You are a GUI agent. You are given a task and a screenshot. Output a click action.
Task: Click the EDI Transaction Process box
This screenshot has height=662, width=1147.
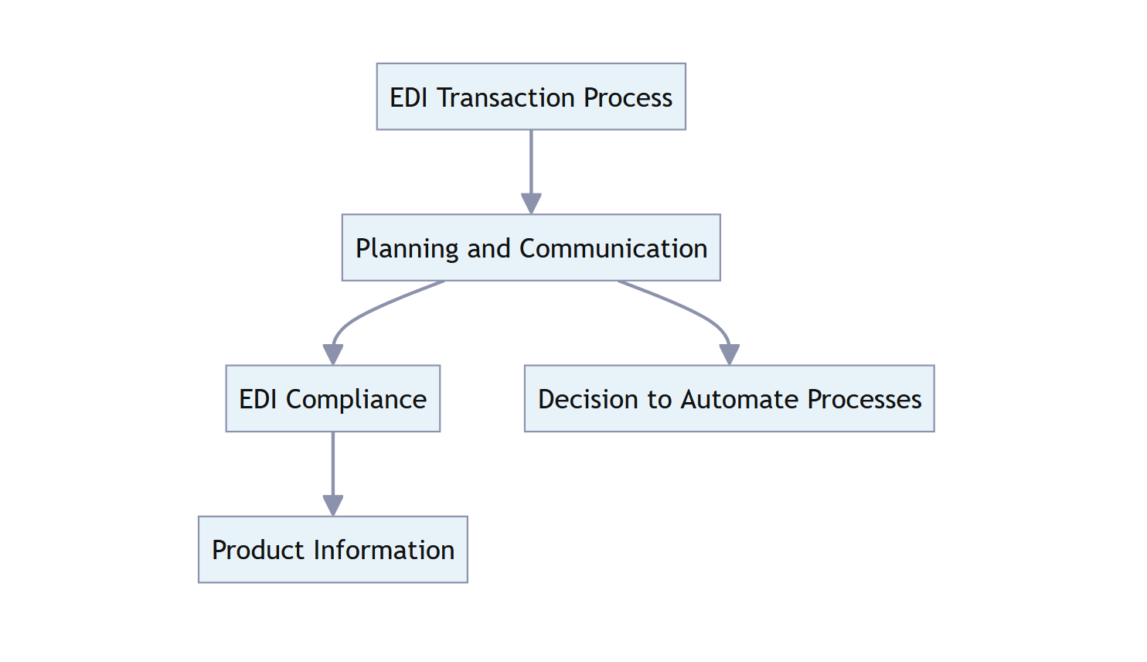pos(531,97)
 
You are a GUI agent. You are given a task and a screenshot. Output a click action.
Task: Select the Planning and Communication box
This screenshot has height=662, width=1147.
pos(531,247)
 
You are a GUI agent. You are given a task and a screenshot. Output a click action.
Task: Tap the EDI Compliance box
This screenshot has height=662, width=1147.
pos(332,398)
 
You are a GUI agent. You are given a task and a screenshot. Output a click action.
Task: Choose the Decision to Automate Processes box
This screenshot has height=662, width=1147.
pos(729,398)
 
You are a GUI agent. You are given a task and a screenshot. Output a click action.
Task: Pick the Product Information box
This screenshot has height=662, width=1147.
pos(332,549)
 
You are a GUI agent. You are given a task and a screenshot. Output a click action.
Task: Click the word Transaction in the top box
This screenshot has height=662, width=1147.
pos(506,97)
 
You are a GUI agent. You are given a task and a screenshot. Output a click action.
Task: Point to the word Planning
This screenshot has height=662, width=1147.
pos(407,249)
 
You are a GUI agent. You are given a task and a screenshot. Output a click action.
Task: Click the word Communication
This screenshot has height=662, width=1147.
pos(613,248)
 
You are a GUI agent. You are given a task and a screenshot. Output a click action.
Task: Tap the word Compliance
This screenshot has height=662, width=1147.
pos(356,400)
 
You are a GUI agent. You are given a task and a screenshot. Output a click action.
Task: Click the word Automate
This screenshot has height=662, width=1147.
pos(740,399)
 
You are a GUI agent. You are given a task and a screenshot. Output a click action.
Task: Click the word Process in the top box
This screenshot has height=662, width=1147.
pos(628,97)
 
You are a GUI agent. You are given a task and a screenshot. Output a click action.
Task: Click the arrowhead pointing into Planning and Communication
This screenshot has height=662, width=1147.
pos(531,203)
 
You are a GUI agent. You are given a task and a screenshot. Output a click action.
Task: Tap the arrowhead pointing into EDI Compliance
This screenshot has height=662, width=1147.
pos(333,354)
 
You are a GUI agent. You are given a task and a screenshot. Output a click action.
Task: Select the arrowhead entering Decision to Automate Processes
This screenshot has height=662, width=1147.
pos(729,354)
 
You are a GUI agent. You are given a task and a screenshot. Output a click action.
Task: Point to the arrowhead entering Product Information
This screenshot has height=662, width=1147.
pos(333,505)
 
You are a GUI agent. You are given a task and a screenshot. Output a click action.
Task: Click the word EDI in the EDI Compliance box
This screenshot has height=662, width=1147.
pos(258,399)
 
